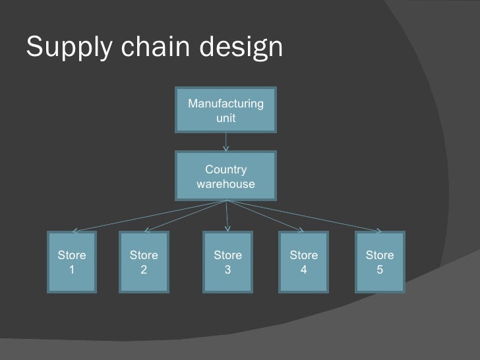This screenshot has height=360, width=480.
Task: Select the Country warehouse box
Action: [x=226, y=175]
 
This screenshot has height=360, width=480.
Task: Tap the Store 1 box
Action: [x=72, y=262]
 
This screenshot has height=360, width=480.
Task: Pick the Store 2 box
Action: [x=143, y=262]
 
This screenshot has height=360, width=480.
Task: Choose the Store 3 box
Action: [x=227, y=262]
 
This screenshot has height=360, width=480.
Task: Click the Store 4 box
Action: [x=303, y=262]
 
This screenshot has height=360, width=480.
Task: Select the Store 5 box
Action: [x=379, y=262]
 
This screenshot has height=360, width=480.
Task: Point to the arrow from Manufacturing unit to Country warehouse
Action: [x=226, y=141]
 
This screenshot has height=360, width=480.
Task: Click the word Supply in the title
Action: [x=62, y=47]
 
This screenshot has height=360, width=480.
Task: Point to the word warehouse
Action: [x=225, y=184]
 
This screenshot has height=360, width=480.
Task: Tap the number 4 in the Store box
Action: [x=303, y=269]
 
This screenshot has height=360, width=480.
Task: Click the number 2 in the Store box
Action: [x=143, y=269]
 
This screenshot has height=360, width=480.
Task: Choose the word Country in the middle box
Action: [x=226, y=170]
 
